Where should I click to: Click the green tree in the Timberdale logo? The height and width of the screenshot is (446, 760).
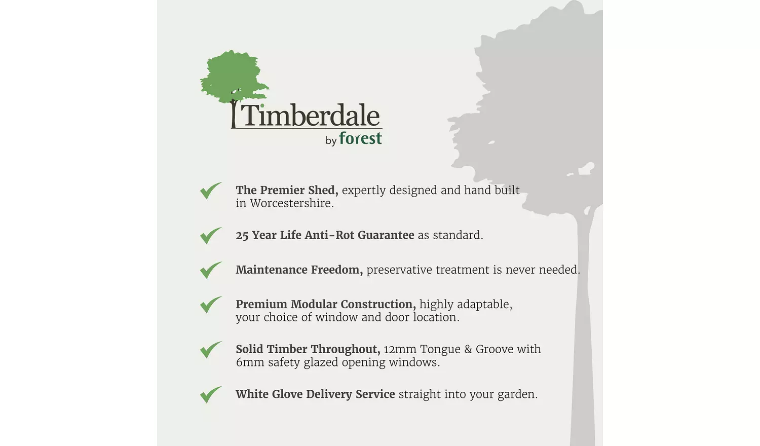233,76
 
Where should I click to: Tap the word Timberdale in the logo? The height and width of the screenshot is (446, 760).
310,116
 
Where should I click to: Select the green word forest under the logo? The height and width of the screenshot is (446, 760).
360,138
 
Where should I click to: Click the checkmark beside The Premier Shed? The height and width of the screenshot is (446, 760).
210,191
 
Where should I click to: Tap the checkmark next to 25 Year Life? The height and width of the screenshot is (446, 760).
210,235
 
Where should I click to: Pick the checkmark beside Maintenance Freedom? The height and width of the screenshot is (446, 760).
210,270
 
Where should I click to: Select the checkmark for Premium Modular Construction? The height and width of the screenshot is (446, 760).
210,305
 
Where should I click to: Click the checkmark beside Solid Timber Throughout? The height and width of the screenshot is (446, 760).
210,349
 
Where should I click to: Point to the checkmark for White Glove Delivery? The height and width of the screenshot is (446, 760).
210,394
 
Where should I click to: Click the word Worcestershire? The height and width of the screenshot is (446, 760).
291,203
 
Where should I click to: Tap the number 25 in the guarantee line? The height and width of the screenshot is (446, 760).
242,236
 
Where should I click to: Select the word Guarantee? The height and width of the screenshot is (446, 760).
386,235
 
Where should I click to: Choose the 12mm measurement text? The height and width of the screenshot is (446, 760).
400,349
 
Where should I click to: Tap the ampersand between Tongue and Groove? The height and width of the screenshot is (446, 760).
468,349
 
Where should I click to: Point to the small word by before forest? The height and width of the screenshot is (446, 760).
331,140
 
